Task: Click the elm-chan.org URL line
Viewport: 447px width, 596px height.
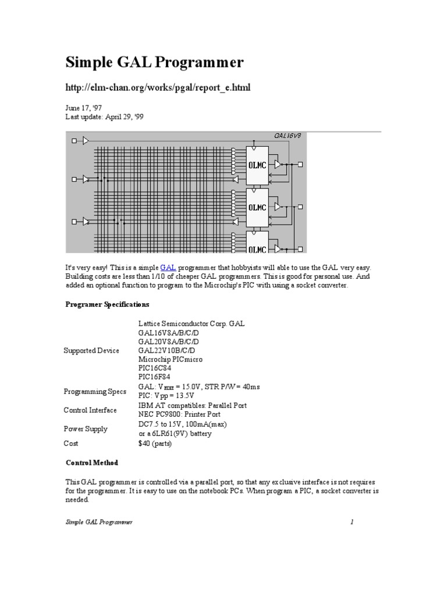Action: click(158, 87)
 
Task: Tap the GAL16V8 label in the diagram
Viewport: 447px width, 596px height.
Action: click(288, 136)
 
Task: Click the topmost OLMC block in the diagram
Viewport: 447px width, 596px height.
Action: click(257, 165)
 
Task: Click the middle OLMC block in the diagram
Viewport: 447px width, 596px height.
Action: click(257, 207)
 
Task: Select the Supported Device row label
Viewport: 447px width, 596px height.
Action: click(91, 350)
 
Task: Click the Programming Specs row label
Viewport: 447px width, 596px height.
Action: click(93, 392)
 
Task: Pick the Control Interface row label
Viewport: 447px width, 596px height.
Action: click(90, 410)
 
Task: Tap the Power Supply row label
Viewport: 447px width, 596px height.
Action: click(86, 429)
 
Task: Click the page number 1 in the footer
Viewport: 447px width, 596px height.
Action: click(352, 522)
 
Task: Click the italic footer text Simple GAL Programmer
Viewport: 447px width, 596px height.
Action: click(98, 522)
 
